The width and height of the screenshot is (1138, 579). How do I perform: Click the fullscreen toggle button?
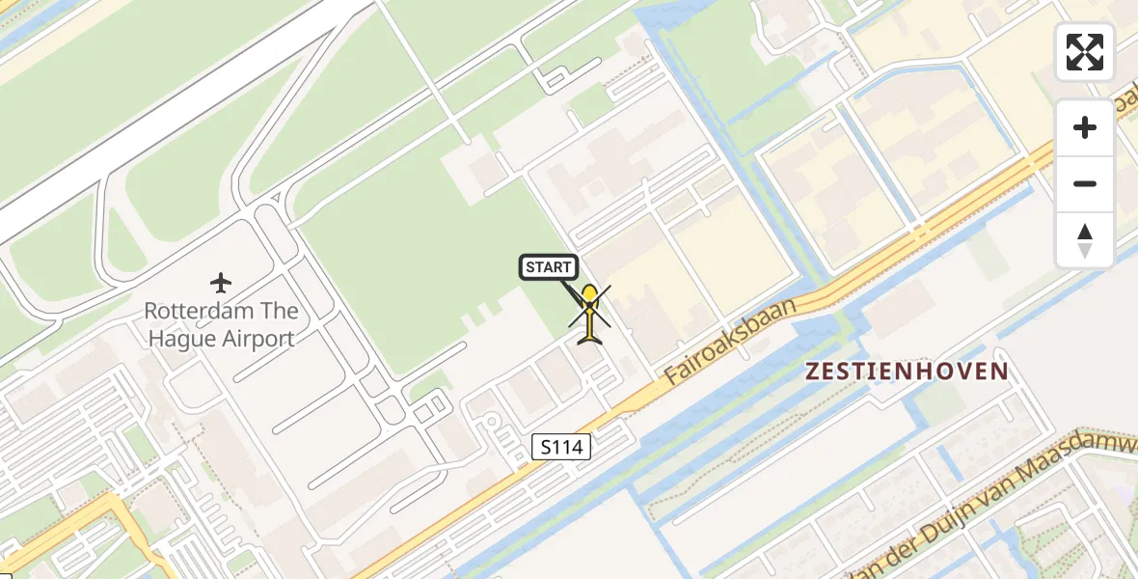[x=1085, y=52]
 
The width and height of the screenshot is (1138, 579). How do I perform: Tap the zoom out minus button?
[x=1085, y=184]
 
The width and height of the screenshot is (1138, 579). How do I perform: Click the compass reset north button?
[x=1085, y=240]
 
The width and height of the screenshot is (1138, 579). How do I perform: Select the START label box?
[x=549, y=267]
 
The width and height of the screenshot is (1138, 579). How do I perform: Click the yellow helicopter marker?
[x=589, y=314]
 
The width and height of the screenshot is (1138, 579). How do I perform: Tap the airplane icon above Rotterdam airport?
[x=221, y=283]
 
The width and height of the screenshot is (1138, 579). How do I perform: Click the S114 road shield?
[x=560, y=446]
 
